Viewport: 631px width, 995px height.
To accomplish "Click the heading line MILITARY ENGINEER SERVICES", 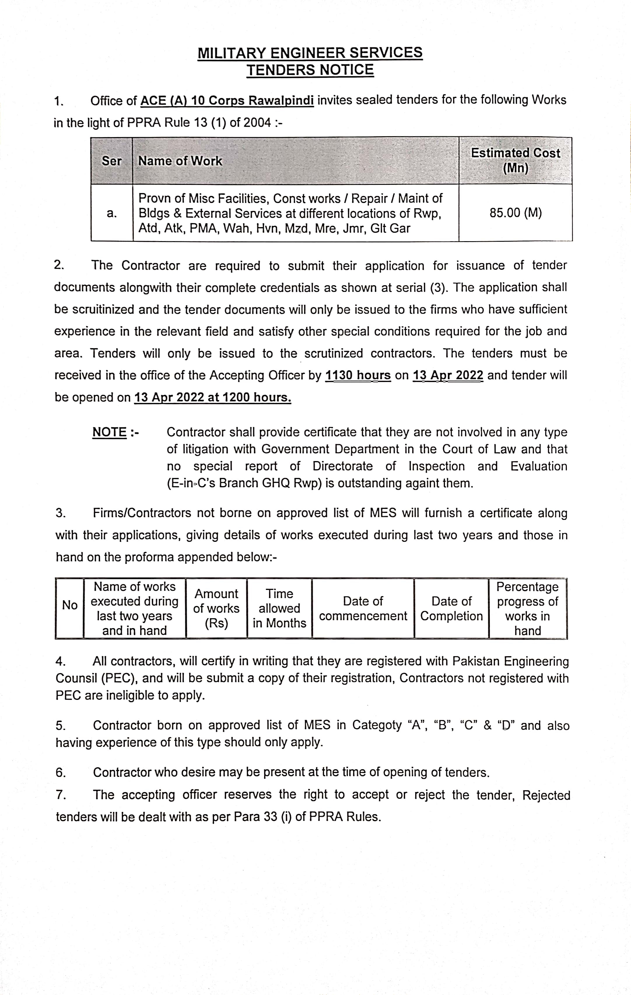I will coord(310,53).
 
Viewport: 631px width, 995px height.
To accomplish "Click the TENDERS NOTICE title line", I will coord(310,70).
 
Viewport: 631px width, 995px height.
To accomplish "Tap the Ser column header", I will coord(112,161).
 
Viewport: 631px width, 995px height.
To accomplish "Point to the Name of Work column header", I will coord(180,161).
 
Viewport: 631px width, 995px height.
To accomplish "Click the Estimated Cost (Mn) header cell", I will coord(515,160).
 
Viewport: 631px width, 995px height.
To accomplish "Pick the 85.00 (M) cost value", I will coord(515,213).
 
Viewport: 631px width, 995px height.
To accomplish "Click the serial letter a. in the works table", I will coord(112,213).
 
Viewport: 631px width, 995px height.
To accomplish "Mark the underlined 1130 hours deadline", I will coord(358,375).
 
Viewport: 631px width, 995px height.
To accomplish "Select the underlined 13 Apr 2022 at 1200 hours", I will coord(212,397).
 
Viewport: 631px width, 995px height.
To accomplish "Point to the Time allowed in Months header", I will coord(279,608).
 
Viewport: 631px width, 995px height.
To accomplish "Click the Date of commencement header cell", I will coord(363,608).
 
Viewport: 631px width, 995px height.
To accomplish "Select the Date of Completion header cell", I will coord(451,608).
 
